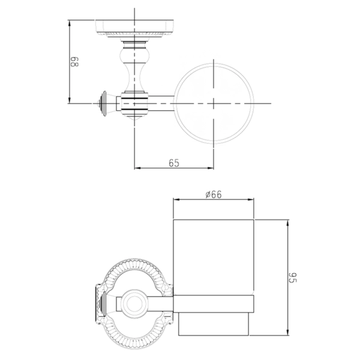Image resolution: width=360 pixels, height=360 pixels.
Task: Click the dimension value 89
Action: tap(74, 62)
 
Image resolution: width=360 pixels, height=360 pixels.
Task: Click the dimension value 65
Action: tap(174, 163)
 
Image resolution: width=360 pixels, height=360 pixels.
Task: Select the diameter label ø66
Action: tap(214, 194)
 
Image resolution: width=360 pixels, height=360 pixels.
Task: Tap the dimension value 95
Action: tap(293, 278)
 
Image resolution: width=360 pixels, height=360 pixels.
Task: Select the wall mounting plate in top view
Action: tap(134, 28)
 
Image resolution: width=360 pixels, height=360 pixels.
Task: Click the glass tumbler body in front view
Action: tap(214, 257)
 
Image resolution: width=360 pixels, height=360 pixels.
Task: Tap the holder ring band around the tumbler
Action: tap(214, 304)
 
